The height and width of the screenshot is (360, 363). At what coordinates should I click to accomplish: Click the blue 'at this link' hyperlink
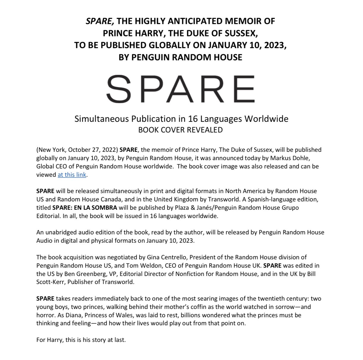click(x=72, y=175)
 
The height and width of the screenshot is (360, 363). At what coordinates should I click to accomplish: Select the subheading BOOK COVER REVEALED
click(x=180, y=130)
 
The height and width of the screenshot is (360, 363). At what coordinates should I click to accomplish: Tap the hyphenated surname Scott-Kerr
click(x=50, y=282)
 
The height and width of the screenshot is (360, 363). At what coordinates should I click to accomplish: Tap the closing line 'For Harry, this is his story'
click(x=81, y=340)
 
